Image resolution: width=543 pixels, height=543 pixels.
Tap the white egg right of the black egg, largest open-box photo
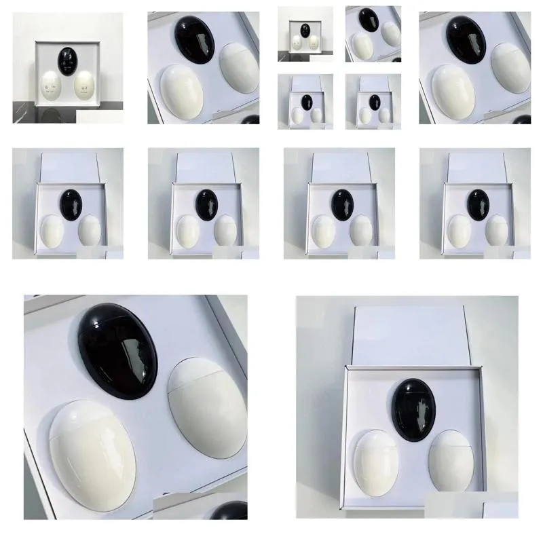click(x=449, y=455)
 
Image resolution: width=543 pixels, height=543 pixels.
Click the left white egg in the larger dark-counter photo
click(x=48, y=88)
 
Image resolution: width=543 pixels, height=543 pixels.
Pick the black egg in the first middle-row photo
click(x=69, y=200)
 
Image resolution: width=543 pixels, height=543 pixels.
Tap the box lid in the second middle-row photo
click(x=204, y=166)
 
